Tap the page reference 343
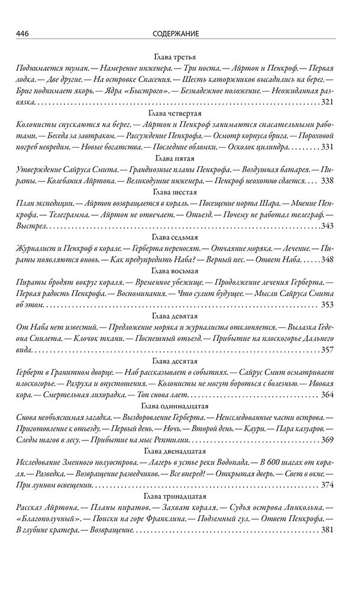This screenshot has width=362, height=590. coord(328,226)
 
